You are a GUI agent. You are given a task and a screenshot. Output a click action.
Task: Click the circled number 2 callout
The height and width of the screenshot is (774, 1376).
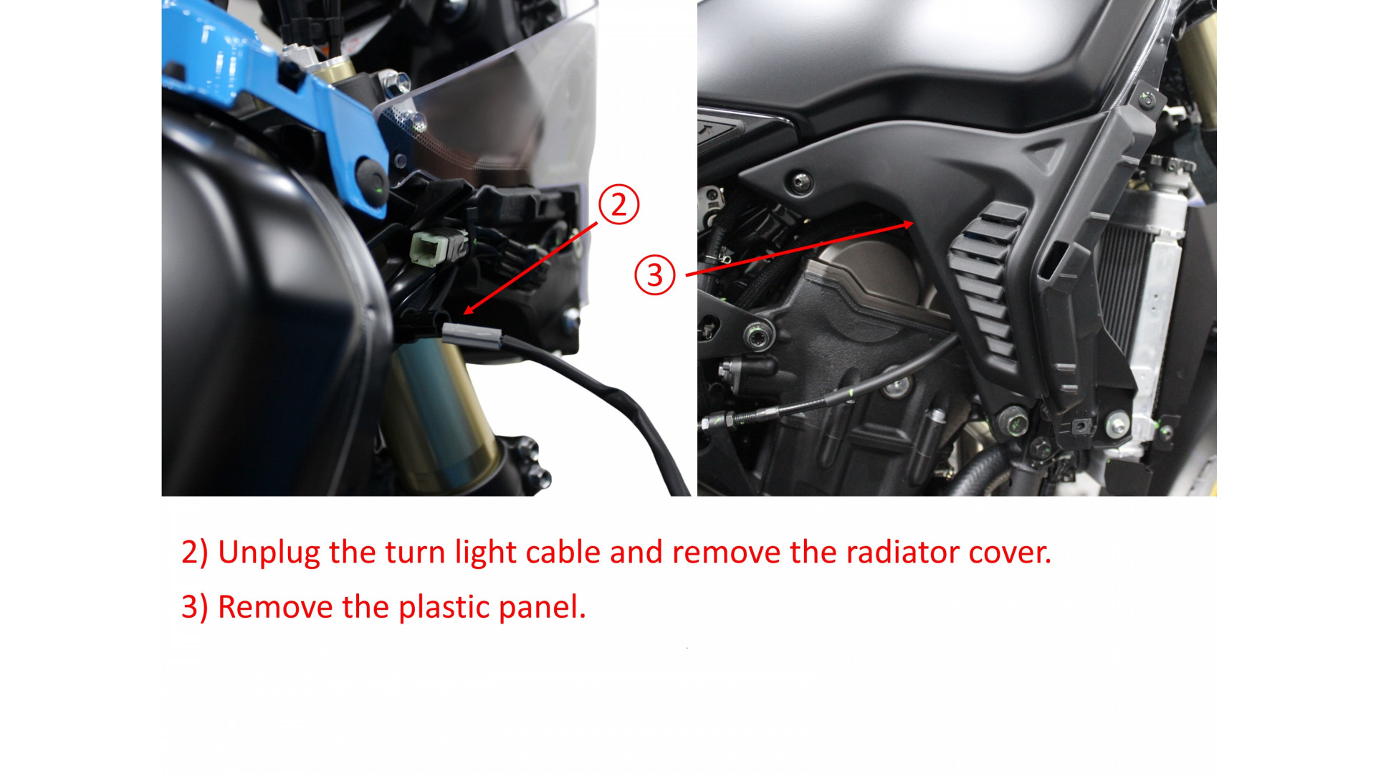point(618,204)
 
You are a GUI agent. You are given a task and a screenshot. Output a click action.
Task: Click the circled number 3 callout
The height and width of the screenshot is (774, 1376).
point(654,275)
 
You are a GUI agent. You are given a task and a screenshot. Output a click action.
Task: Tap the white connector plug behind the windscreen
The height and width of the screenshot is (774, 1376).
point(429,248)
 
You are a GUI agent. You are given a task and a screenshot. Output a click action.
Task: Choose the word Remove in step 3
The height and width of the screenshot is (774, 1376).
point(275,608)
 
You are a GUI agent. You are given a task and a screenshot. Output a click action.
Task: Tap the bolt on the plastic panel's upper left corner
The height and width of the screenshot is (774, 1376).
point(800,181)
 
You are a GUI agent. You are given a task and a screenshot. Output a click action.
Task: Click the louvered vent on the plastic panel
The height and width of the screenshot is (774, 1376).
point(985,279)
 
